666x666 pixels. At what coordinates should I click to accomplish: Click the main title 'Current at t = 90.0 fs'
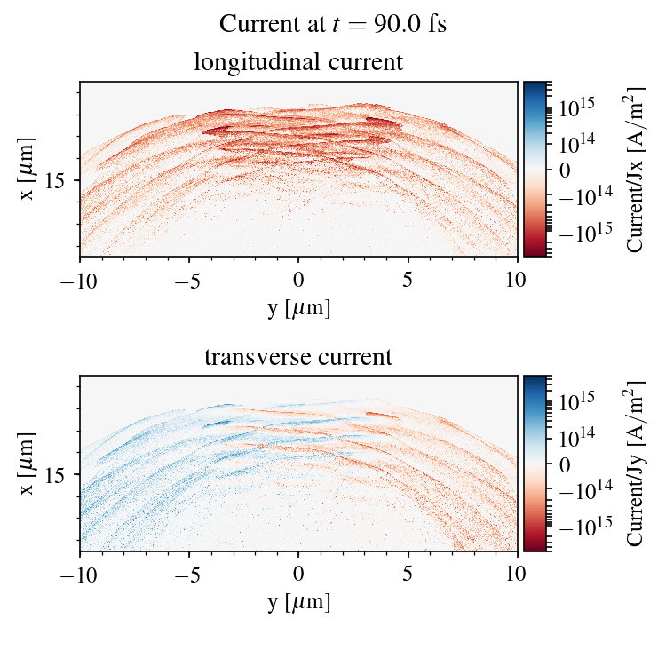(x=332, y=24)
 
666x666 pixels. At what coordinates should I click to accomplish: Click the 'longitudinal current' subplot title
(x=298, y=63)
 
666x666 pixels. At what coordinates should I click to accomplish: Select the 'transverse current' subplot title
(x=298, y=358)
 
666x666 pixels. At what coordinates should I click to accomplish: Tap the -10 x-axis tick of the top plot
(x=80, y=279)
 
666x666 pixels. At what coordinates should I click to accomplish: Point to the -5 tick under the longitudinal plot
(x=189, y=279)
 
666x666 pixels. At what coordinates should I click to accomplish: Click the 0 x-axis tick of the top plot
(x=298, y=279)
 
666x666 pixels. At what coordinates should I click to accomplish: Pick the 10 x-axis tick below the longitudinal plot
(x=518, y=279)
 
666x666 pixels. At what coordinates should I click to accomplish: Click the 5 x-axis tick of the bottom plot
(x=408, y=574)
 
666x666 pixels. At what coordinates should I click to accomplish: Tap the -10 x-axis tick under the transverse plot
(x=80, y=574)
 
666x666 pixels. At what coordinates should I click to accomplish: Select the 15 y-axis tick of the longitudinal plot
(x=55, y=181)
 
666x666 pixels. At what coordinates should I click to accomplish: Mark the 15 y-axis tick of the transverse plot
(x=55, y=476)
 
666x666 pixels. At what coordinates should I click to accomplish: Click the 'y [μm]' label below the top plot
(x=298, y=307)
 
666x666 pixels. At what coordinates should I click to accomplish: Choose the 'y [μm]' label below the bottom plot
(x=298, y=602)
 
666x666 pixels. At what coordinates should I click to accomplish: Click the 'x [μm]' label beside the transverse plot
(x=28, y=464)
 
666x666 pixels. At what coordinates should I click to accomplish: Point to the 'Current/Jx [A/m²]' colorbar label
(x=637, y=170)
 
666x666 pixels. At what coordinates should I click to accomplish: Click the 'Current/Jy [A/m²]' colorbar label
(x=637, y=464)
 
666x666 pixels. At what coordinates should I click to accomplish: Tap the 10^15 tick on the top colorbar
(x=576, y=108)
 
